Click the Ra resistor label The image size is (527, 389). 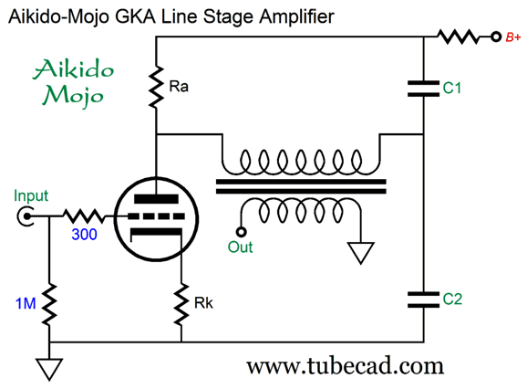179,87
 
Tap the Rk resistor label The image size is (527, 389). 203,303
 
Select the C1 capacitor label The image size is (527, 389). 451,88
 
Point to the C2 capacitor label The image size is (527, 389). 452,299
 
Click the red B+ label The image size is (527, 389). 513,37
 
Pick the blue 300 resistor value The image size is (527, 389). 84,234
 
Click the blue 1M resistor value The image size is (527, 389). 26,303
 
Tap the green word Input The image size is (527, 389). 31,196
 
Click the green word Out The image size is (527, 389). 240,247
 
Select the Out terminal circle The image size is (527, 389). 241,232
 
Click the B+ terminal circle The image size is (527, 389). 496,37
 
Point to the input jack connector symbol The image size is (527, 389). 25,216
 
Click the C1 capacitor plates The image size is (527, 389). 423,89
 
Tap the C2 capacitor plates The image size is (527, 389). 423,300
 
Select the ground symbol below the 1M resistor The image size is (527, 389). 49,370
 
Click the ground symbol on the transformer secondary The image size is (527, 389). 361,253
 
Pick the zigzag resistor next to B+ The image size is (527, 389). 459,37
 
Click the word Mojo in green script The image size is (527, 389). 73,95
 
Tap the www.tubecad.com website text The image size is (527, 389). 346,366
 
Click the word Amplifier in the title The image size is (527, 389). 296,16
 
